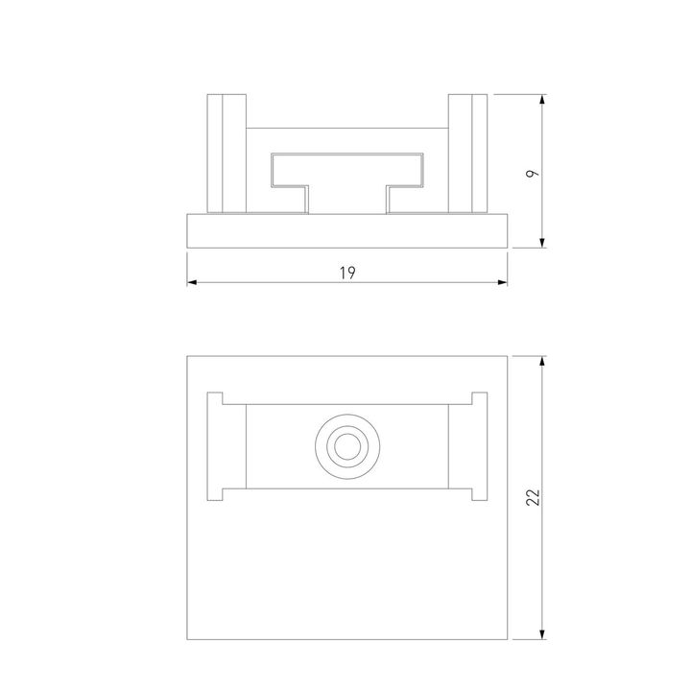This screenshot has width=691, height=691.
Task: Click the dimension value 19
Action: point(347,274)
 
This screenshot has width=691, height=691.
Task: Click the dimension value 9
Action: point(534,173)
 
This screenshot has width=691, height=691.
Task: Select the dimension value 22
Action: point(535,496)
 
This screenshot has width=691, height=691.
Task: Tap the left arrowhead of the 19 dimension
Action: point(192,282)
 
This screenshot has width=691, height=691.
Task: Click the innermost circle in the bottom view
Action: point(346,446)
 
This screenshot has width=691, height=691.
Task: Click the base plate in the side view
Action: point(346,230)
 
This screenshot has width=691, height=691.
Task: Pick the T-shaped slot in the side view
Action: point(346,169)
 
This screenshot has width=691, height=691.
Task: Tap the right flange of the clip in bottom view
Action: point(466,446)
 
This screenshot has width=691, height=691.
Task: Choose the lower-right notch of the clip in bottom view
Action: point(478,495)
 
